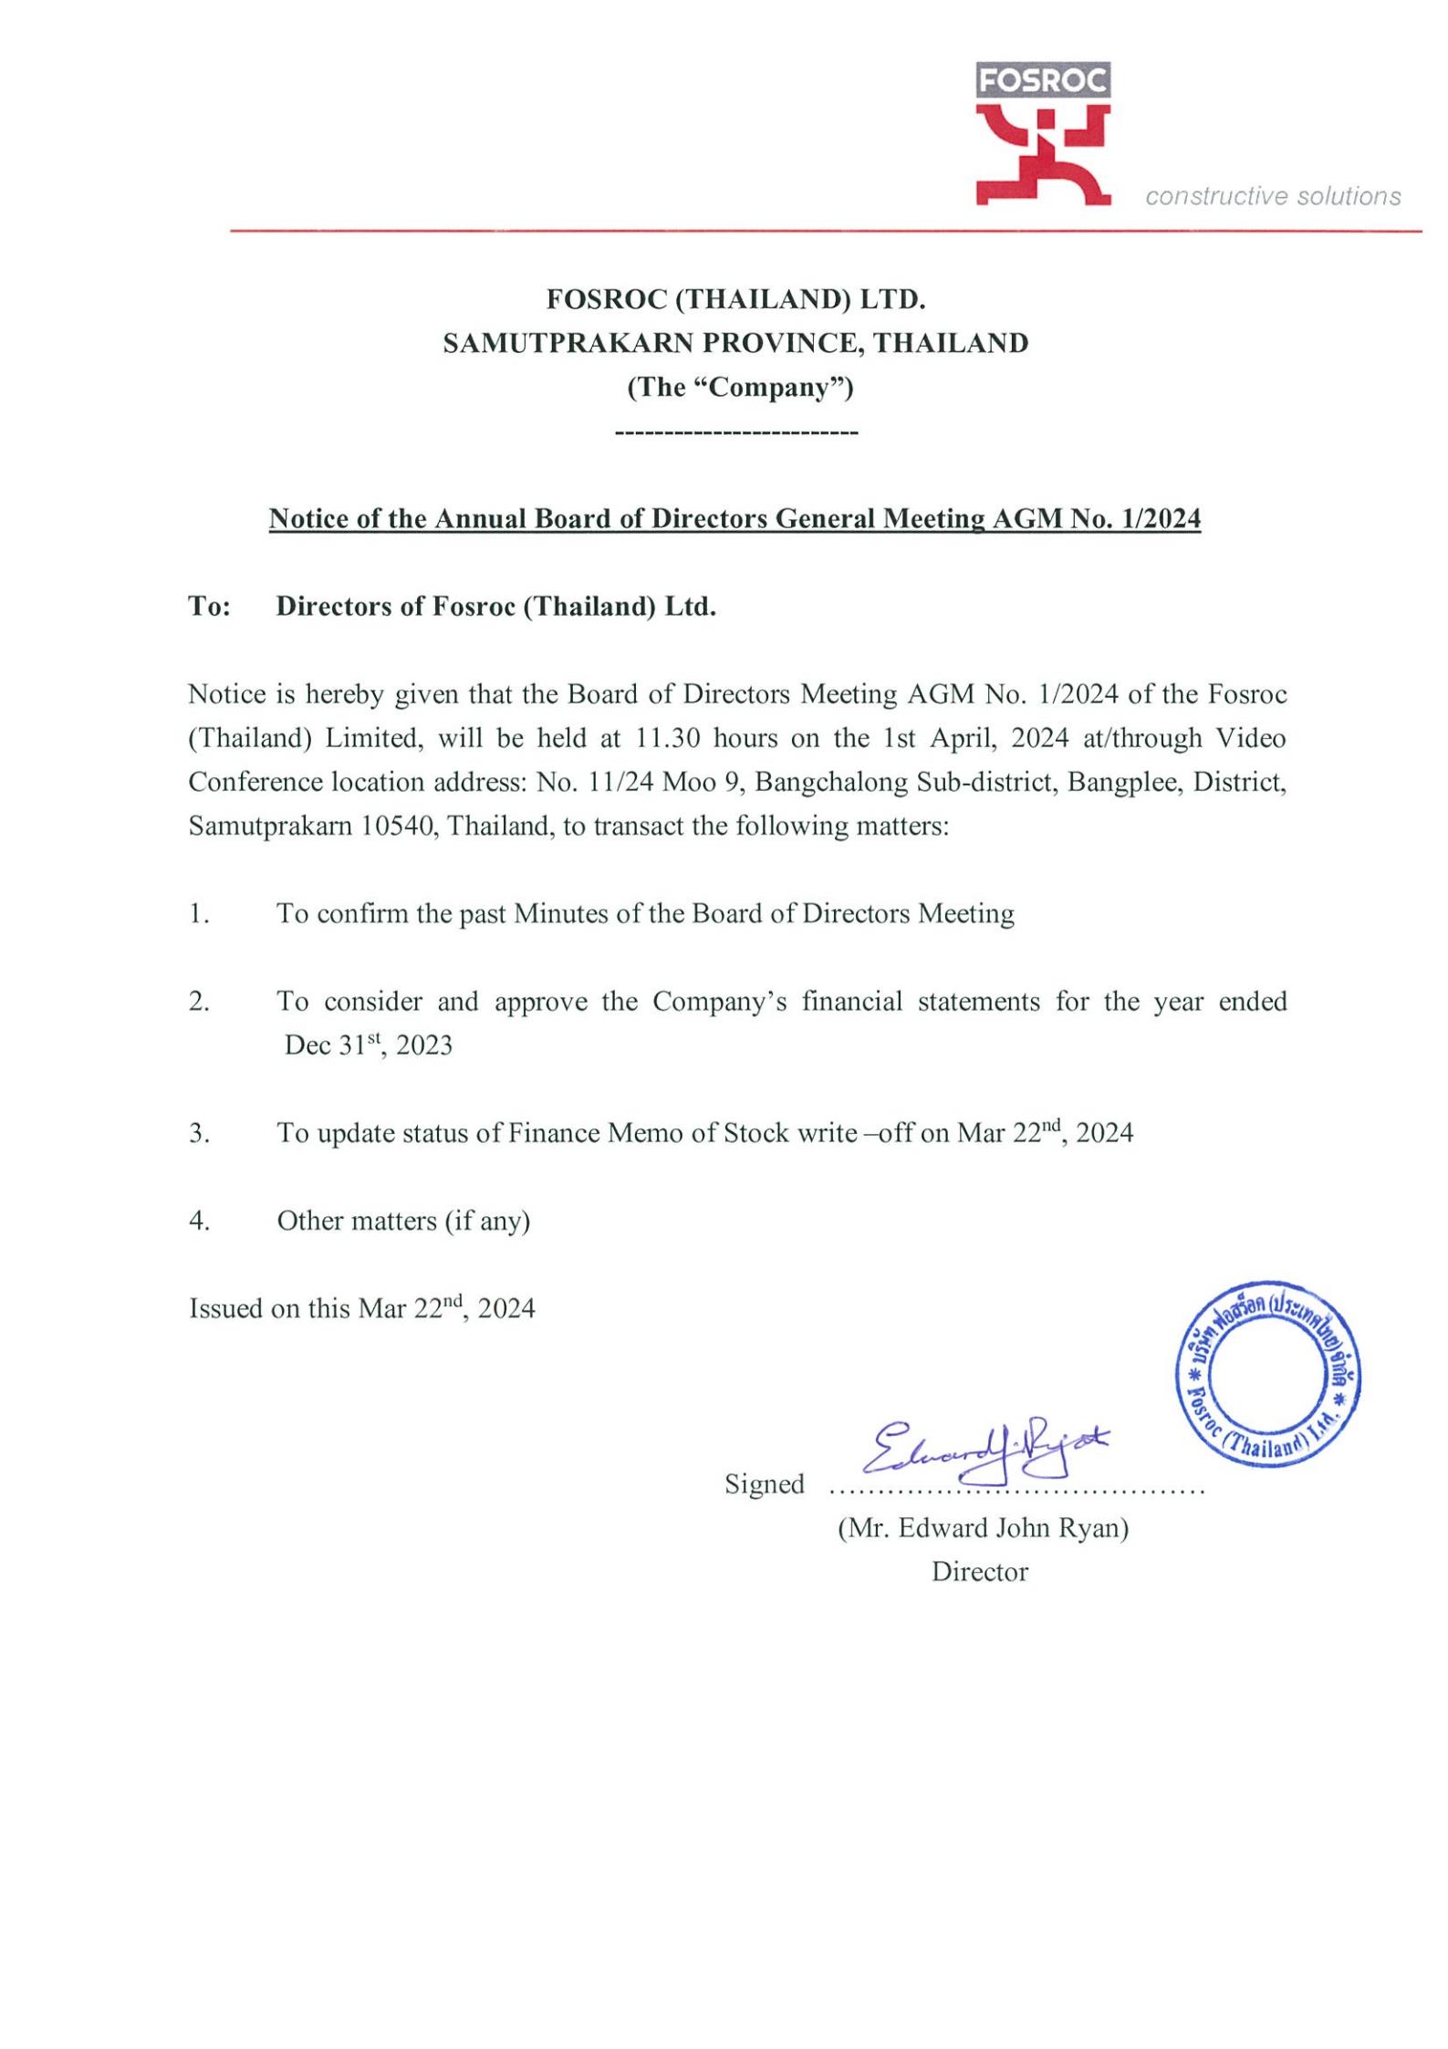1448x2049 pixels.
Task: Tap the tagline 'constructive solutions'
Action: point(1273,196)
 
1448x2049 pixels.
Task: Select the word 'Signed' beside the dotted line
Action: point(765,1484)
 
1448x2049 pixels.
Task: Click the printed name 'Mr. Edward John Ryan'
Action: point(983,1528)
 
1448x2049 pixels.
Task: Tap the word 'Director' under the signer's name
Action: point(979,1572)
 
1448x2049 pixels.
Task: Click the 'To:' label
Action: point(209,607)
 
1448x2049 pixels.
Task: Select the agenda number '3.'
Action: point(199,1133)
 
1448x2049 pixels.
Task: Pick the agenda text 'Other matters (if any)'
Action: point(403,1221)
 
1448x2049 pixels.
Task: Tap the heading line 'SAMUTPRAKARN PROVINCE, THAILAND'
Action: point(735,343)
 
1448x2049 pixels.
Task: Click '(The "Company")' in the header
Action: point(739,387)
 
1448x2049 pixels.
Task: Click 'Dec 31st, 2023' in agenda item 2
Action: point(368,1045)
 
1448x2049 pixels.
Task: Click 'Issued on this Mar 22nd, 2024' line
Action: point(361,1308)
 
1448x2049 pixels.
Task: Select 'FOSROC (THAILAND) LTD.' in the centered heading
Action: point(735,298)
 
